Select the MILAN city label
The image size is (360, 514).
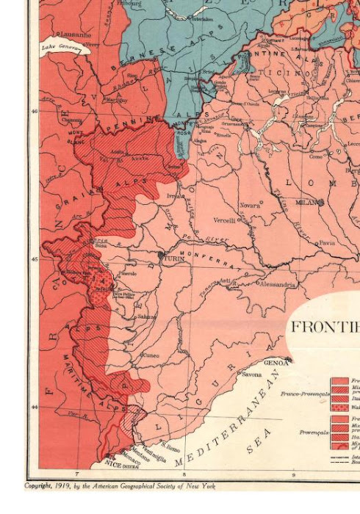pos(304,202)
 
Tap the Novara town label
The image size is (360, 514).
pos(250,206)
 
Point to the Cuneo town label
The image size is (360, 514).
pos(151,355)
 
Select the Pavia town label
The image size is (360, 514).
pos(326,242)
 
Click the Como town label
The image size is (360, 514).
pos(316,156)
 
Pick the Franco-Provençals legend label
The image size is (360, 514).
pos(304,394)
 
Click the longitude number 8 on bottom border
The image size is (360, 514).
pos(184,475)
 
